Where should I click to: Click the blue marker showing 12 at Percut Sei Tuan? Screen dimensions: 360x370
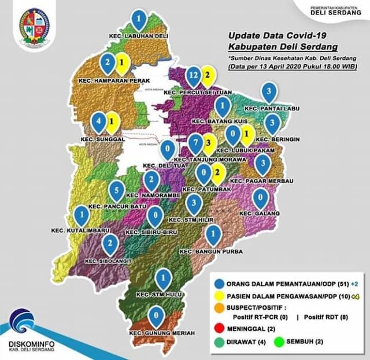194,76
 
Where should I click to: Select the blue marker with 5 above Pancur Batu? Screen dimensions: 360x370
116,190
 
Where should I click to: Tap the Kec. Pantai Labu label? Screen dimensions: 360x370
268,108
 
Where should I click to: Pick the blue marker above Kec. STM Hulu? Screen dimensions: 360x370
164,279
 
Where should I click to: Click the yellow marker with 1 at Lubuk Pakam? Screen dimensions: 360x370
247,137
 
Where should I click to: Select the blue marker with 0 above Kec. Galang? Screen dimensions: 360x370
261,199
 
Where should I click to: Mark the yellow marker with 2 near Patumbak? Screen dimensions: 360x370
217,172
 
